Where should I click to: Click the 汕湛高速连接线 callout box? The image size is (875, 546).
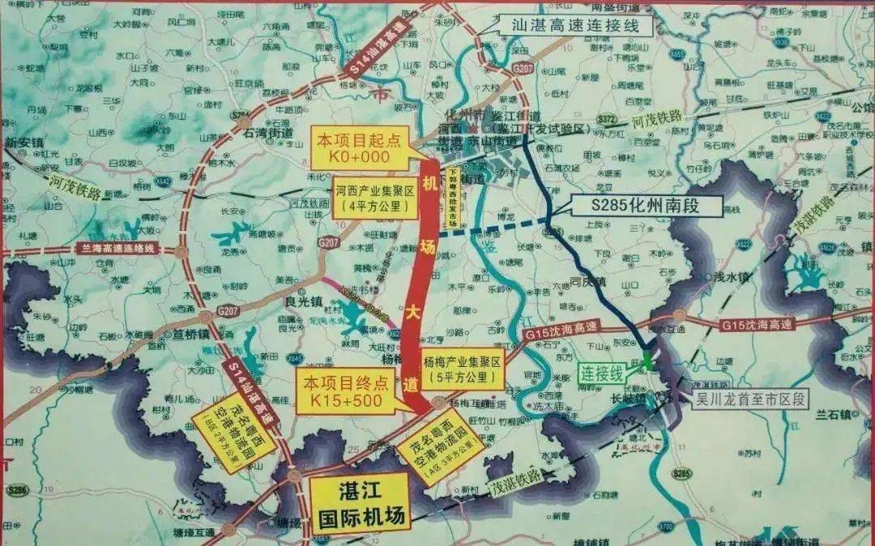(570, 24)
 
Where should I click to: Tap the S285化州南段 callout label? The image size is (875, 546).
(646, 206)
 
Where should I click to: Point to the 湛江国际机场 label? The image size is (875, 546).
(360, 502)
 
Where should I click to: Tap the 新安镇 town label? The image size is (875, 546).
(22, 143)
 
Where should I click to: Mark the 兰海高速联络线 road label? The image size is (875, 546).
(117, 248)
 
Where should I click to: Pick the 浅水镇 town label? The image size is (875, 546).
(734, 277)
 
